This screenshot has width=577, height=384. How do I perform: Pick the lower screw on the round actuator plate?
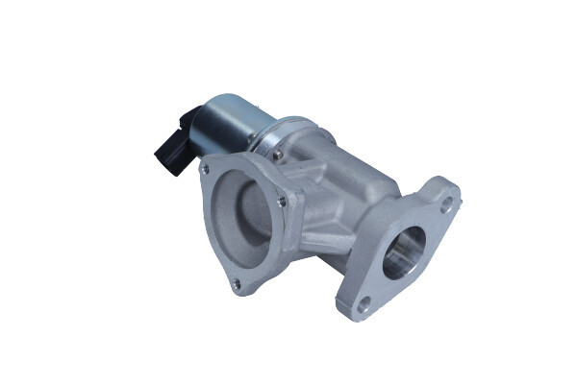pyautogui.click(x=277, y=154)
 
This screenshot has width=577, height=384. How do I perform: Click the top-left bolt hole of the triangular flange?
pyautogui.click(x=205, y=170)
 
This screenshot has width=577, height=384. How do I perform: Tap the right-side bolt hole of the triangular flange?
pyautogui.click(x=281, y=201)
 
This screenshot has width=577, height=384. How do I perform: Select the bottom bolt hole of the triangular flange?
pyautogui.click(x=236, y=282)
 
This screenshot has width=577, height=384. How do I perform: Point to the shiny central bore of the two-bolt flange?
pyautogui.click(x=404, y=252)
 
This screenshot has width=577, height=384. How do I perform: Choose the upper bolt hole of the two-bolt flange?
pyautogui.click(x=447, y=204)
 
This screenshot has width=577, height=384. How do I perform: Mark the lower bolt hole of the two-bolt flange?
pyautogui.click(x=364, y=305)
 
